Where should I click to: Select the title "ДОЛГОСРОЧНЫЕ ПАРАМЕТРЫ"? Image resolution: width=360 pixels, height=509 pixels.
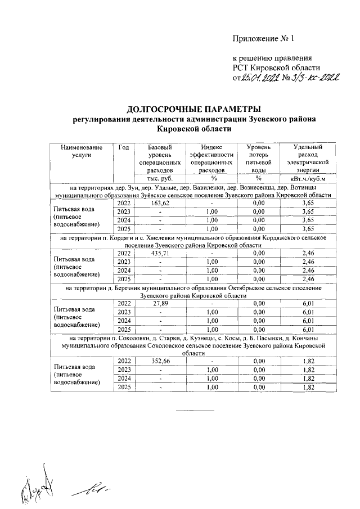click(x=194, y=109)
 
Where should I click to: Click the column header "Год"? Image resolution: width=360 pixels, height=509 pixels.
click(x=124, y=147)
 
